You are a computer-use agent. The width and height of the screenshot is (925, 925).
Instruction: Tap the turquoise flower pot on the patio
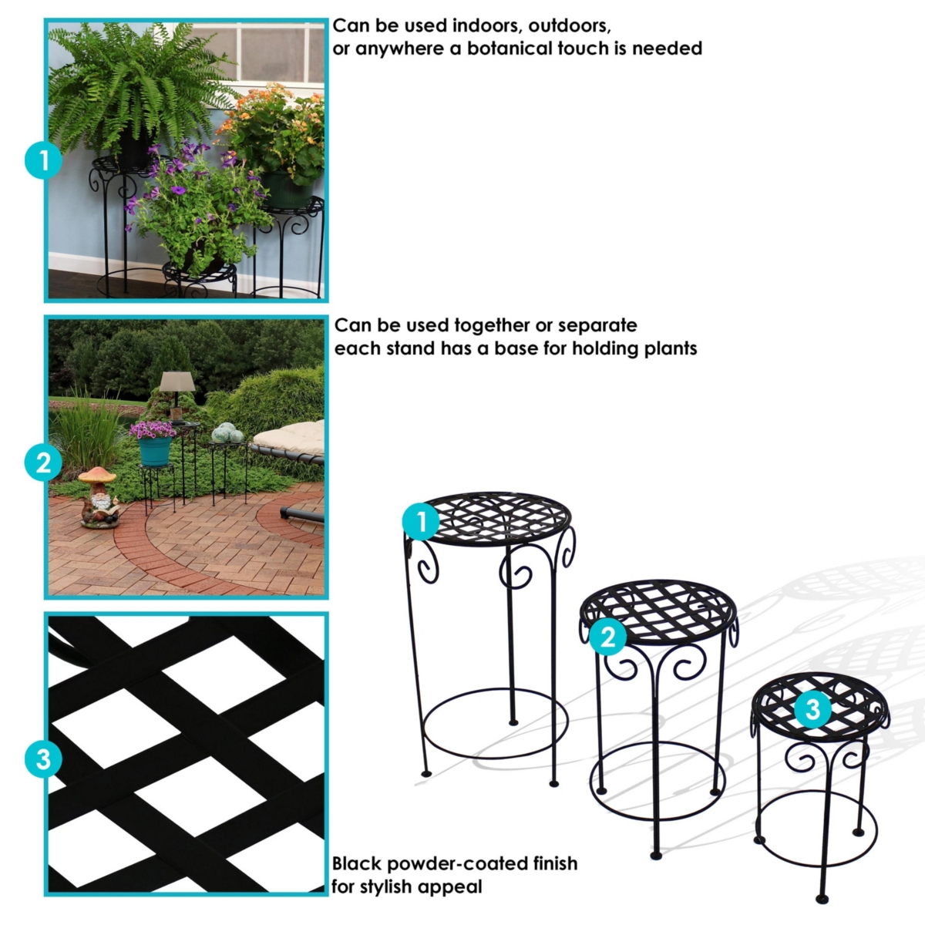[155, 451]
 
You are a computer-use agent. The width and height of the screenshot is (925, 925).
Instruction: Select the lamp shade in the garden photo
[177, 381]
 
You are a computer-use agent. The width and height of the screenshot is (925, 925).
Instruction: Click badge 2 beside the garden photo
[43, 462]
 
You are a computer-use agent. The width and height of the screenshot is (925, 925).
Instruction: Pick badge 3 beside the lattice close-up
[43, 758]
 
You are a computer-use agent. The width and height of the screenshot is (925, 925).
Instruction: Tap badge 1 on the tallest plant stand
[421, 523]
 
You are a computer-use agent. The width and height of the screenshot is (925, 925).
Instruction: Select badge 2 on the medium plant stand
[607, 636]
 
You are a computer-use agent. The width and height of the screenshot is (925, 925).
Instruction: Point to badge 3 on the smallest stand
[812, 708]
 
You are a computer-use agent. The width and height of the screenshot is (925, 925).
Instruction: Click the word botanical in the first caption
[510, 49]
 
